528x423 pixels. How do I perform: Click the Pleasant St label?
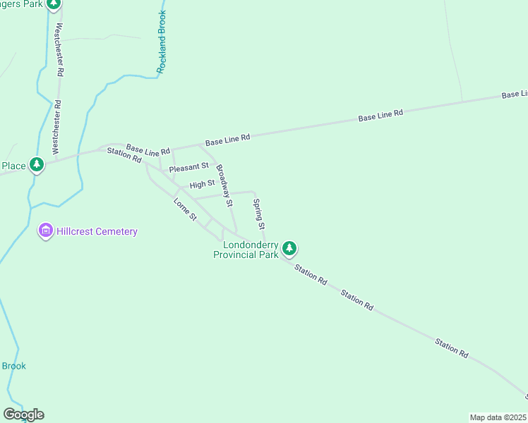click(188, 167)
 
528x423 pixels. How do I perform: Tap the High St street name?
click(202, 185)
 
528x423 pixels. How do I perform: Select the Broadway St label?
click(224, 185)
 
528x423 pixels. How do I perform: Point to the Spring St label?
click(258, 214)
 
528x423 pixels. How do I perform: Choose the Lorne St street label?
click(185, 209)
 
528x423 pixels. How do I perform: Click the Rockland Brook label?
click(162, 43)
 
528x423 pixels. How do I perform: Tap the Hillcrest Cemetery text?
click(98, 231)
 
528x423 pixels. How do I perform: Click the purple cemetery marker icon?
click(46, 231)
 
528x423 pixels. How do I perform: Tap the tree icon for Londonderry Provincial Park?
click(289, 248)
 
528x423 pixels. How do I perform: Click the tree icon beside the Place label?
click(37, 166)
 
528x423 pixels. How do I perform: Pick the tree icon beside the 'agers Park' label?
click(54, 4)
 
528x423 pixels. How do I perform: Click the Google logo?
click(23, 415)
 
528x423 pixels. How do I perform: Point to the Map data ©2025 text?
click(498, 417)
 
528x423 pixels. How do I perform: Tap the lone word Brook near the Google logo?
click(14, 366)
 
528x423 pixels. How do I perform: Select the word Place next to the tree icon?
click(13, 166)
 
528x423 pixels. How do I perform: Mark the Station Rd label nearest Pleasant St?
click(124, 154)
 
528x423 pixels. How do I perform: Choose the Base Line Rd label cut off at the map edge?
click(515, 94)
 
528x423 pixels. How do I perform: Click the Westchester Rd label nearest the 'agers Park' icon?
click(60, 50)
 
